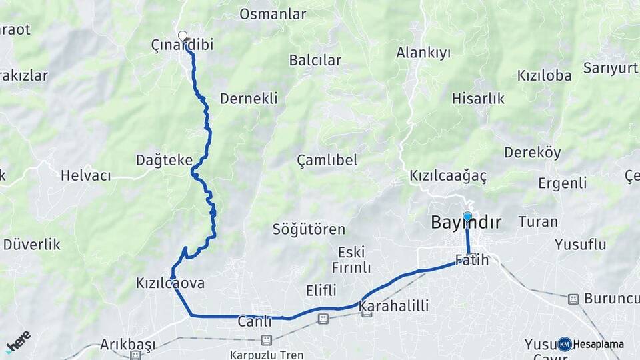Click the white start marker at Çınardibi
(182, 36)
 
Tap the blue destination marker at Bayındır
(467, 216)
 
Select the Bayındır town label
(466, 223)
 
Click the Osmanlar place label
(272, 14)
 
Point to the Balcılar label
(315, 60)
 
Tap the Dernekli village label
(248, 99)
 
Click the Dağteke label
(164, 160)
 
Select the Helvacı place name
(85, 176)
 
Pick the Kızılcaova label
(170, 283)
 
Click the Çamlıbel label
(327, 160)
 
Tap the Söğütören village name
(309, 230)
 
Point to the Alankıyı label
(423, 53)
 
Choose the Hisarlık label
(478, 99)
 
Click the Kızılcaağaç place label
(448, 177)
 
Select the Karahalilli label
(393, 306)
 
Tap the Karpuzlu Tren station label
(267, 354)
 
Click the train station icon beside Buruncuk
(573, 299)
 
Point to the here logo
(17, 342)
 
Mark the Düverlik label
(31, 245)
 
